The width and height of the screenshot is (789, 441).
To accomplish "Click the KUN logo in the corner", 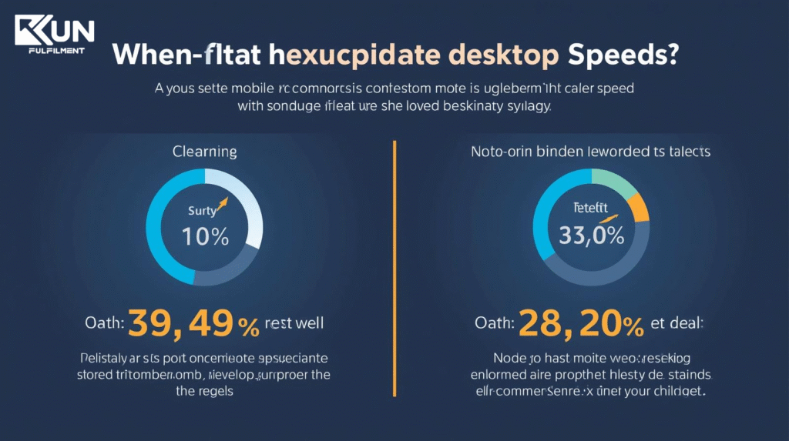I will [x=54, y=31].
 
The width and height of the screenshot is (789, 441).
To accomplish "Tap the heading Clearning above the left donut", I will [x=204, y=152].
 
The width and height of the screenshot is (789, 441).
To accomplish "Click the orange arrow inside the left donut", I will [x=224, y=205].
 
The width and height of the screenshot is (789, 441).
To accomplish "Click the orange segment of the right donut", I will [x=639, y=207].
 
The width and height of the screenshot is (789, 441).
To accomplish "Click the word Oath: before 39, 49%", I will [x=104, y=324].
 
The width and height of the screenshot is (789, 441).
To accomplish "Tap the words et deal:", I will [x=677, y=324].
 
